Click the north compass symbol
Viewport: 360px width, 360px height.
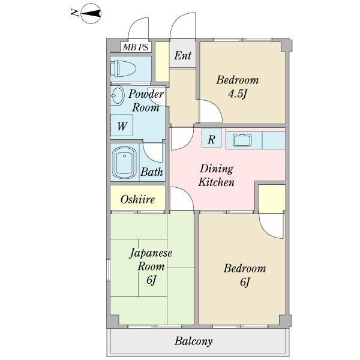tap(91, 13)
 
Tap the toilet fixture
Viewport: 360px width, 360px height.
tap(123, 68)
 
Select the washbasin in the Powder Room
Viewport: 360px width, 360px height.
tap(118, 96)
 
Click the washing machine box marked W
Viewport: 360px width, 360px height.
tap(122, 125)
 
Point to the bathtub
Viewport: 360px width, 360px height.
tap(124, 163)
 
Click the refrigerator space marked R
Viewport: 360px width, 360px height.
tap(212, 138)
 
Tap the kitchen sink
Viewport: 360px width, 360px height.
tap(242, 140)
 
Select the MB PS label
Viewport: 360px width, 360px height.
tap(136, 47)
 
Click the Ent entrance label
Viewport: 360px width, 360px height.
tap(182, 56)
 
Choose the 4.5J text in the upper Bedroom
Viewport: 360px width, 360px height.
tap(238, 94)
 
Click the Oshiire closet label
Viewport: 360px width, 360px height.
tap(137, 199)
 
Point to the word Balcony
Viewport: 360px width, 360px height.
tap(193, 341)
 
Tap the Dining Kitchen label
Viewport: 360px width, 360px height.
tap(217, 175)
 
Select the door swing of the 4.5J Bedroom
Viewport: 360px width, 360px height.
tap(211, 111)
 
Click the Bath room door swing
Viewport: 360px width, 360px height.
tap(152, 152)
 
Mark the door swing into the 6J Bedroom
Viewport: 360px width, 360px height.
tap(272, 226)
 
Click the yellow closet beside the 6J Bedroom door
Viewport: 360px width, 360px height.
tap(272, 199)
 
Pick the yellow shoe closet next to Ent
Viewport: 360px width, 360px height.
tap(163, 62)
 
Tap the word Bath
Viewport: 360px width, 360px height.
tap(152, 172)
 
